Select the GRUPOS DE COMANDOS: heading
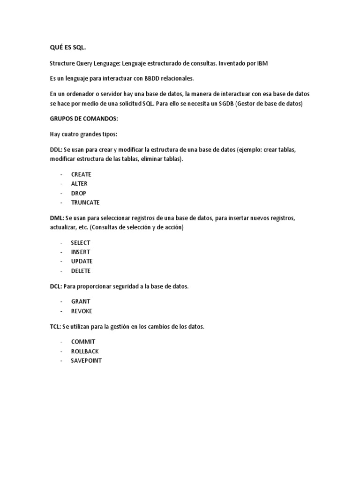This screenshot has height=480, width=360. tap(84, 119)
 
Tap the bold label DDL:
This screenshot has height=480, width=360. tap(57, 150)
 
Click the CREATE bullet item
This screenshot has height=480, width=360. tap(81, 174)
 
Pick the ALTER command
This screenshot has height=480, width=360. tap(79, 184)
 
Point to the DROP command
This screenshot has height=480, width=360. tap(79, 193)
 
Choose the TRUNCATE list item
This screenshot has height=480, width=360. tap(85, 202)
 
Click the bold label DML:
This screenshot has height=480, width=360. tap(57, 218)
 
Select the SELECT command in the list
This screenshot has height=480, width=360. tap(80, 243)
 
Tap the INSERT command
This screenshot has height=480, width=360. tap(80, 252)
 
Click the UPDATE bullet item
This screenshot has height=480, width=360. tap(82, 261)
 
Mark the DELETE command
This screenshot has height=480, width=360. tap(81, 271)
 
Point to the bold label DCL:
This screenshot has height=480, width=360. tap(56, 286)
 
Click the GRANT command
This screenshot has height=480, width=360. tap(81, 302)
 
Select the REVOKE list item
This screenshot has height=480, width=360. tap(82, 311)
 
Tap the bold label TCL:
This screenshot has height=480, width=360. tap(56, 327)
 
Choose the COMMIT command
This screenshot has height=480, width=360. tap(83, 342)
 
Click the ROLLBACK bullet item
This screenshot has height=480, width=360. tap(85, 351)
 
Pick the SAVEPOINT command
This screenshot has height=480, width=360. tap(86, 360)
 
